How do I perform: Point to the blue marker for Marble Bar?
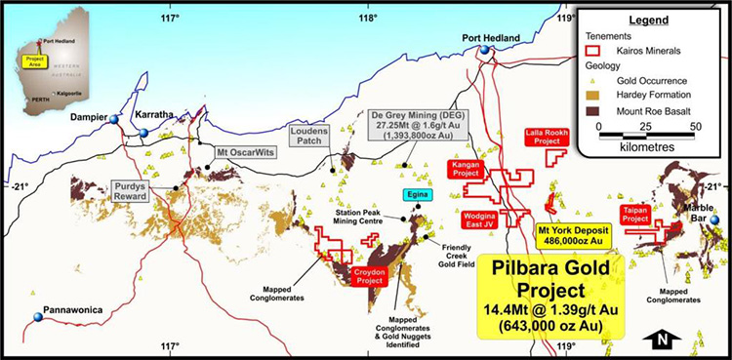(713, 220)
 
